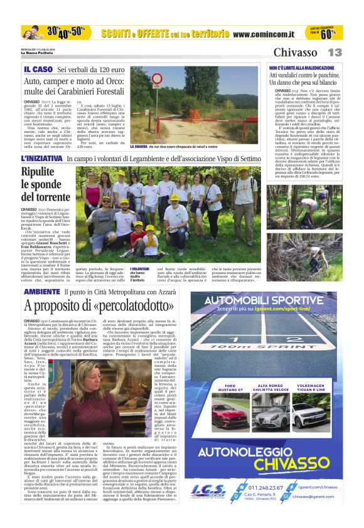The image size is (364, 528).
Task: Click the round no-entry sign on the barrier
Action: (x=157, y=80)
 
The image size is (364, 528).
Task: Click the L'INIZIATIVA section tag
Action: (x=42, y=159)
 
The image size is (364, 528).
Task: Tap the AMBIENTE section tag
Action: (x=42, y=293)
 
